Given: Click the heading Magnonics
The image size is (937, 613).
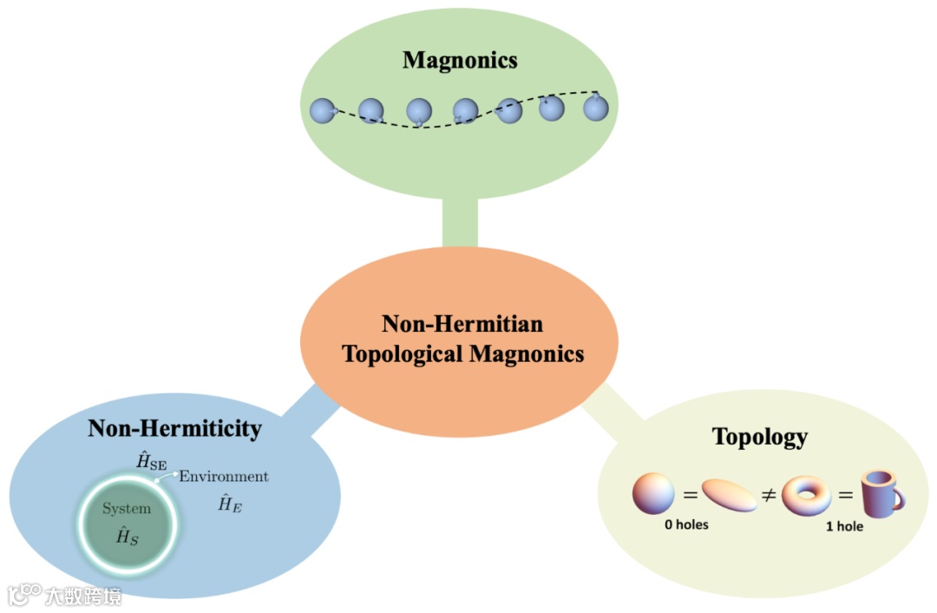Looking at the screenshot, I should [460, 60].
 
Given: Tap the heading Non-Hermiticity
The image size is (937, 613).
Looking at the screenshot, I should [174, 428].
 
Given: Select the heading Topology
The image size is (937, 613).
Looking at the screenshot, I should [759, 436].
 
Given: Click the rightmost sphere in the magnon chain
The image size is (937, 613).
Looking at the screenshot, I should [595, 108].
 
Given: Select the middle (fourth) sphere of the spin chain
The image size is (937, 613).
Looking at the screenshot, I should [465, 110].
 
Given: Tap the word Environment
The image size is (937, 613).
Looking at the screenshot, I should [224, 477].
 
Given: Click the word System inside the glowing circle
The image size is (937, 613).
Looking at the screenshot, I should [127, 509].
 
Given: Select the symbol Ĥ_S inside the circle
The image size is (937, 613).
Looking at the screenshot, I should [128, 536].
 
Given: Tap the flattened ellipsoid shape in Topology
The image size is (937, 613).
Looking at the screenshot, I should [730, 496].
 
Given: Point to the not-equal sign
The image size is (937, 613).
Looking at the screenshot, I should [768, 496].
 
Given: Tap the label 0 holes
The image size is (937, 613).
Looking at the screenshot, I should [683, 524].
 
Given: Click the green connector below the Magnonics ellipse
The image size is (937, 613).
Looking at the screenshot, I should [460, 222].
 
